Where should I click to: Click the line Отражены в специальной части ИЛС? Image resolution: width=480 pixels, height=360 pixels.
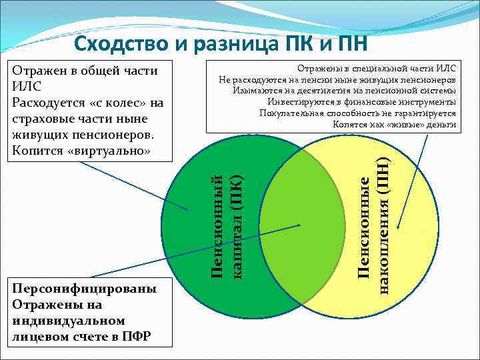click(x=376, y=69)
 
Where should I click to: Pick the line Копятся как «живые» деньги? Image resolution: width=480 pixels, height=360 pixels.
click(x=394, y=124)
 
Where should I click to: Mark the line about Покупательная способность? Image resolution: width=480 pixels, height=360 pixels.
click(x=357, y=113)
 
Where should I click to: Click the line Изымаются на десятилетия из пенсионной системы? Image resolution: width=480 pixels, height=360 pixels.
click(x=345, y=91)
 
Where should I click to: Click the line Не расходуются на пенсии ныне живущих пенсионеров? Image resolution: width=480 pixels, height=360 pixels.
click(x=337, y=80)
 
